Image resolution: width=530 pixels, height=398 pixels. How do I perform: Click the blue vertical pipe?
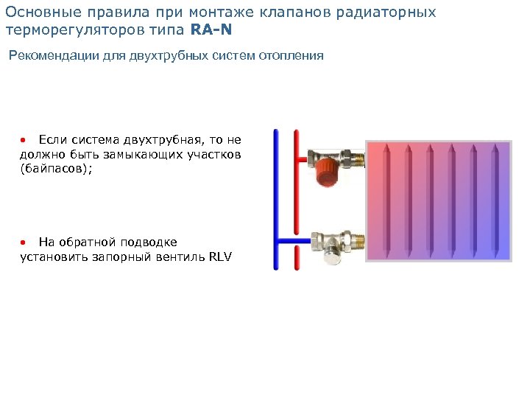click(276, 199)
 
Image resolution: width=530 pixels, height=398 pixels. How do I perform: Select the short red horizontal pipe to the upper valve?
click(302, 158)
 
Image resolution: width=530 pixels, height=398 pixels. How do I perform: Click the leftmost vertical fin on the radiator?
click(386, 199)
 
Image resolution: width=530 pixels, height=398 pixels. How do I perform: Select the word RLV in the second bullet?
click(220, 257)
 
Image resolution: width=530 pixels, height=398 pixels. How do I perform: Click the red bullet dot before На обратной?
click(24, 242)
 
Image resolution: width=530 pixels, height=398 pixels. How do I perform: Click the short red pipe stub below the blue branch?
click(296, 258)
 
